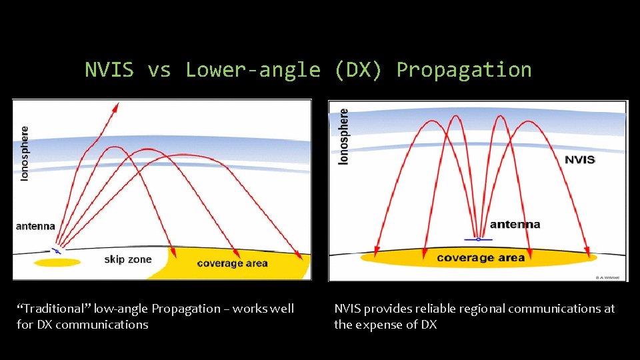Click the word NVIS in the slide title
coord(109,70)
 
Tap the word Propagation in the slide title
coord(464,70)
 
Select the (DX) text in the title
coord(359,70)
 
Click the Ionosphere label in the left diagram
coord(25,155)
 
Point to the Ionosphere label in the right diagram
coord(344,137)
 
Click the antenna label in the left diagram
coord(35,227)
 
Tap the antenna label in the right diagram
coord(515,225)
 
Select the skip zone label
coord(128,259)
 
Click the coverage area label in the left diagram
coord(232,263)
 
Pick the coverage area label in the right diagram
coord(481,257)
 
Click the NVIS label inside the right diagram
coord(579,160)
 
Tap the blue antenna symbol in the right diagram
coord(478,239)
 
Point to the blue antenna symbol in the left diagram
coord(57,250)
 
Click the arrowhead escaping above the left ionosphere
coord(116,107)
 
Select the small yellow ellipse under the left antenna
coord(57,263)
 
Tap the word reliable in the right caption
coord(435,309)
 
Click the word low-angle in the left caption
coord(121,309)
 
